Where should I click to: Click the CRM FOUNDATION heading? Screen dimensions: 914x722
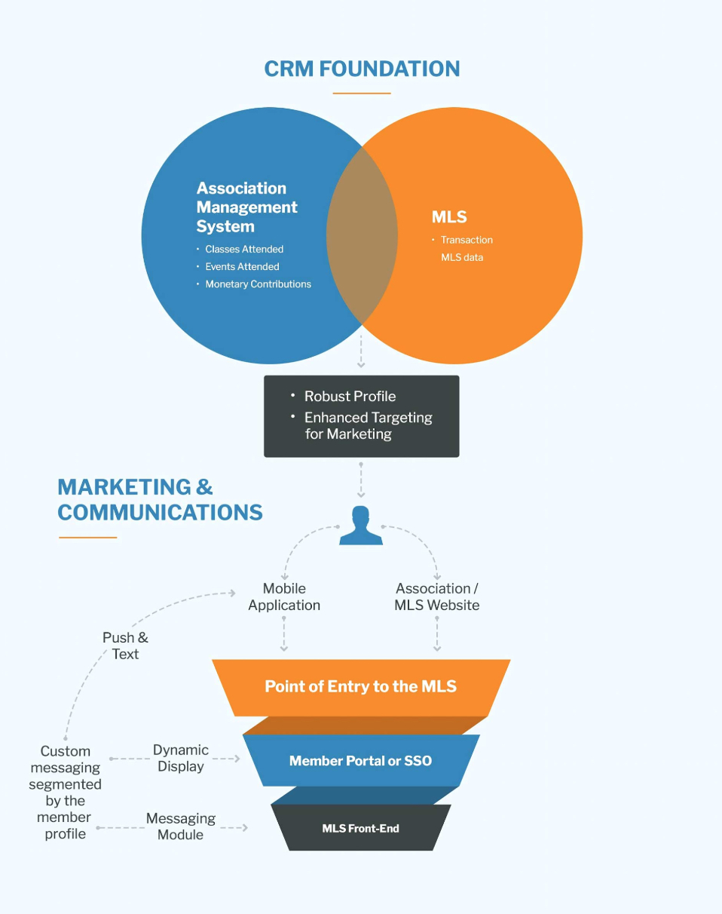(x=362, y=69)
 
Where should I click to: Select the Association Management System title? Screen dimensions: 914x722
(x=246, y=207)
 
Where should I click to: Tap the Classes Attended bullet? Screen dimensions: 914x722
(x=244, y=249)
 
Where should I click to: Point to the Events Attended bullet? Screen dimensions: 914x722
(x=242, y=266)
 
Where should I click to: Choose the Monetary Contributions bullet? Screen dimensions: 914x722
(x=258, y=284)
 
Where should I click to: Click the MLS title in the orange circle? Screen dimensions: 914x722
(x=449, y=217)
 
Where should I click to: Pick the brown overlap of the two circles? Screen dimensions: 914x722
(x=362, y=235)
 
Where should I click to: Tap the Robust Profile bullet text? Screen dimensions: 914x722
(x=350, y=396)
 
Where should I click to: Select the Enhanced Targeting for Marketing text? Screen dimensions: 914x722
(x=368, y=425)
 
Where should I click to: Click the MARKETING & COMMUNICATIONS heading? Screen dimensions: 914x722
(x=160, y=499)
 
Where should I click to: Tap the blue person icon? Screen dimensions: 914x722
(x=361, y=526)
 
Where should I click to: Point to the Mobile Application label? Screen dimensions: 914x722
(x=284, y=597)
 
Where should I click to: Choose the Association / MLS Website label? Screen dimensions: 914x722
(x=437, y=597)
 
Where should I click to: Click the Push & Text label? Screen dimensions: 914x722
(x=125, y=646)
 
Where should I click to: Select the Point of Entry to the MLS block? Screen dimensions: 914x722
(x=360, y=686)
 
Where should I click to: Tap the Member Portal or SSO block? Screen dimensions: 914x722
(x=360, y=760)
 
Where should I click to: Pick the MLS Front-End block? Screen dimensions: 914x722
(x=360, y=828)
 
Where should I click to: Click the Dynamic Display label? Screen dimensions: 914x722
(x=181, y=758)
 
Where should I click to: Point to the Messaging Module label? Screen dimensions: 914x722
(x=181, y=827)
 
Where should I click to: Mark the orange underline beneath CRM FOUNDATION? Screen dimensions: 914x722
(x=362, y=94)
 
